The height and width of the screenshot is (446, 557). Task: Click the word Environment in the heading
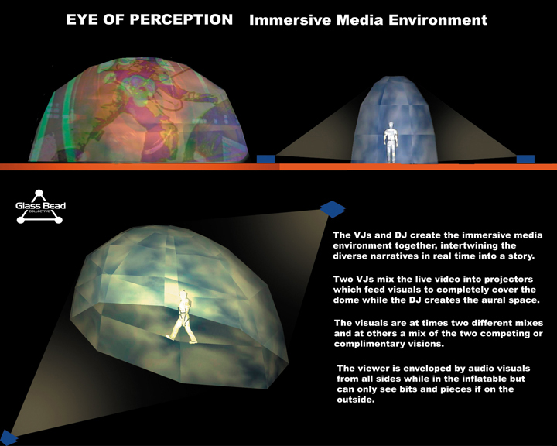tap(438, 20)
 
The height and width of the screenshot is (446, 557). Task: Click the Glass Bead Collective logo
tap(40, 207)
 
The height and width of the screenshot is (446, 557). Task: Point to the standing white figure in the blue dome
tap(391, 142)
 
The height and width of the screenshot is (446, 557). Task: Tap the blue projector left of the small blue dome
tap(265, 159)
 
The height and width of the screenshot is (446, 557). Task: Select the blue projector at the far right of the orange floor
tap(525, 159)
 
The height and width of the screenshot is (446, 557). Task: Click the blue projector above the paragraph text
tap(333, 208)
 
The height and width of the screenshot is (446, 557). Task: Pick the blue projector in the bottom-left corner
tap(8, 437)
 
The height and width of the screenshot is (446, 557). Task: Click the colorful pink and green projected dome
tap(138, 109)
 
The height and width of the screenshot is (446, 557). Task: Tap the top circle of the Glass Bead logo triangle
tap(39, 194)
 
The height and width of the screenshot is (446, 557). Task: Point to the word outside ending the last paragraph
tap(356, 400)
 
